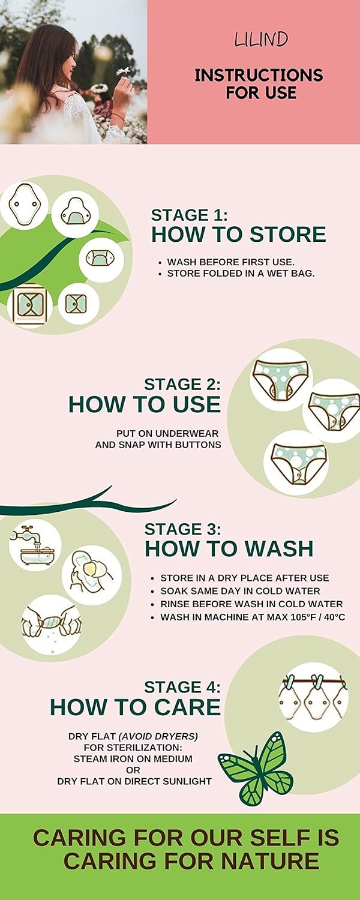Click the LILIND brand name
(x=261, y=40)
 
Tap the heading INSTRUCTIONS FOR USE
(x=259, y=83)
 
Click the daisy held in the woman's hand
(x=124, y=71)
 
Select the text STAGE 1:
(x=189, y=215)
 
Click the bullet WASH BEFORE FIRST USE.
(x=230, y=262)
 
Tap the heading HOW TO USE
(x=145, y=404)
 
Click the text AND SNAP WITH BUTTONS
(x=158, y=445)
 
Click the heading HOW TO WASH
(x=229, y=549)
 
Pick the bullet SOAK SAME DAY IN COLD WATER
(x=240, y=591)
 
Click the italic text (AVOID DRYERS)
(x=158, y=736)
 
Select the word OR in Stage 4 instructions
(x=133, y=770)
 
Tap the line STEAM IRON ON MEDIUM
(x=133, y=759)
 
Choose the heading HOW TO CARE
(x=136, y=707)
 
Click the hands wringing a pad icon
(x=51, y=625)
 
